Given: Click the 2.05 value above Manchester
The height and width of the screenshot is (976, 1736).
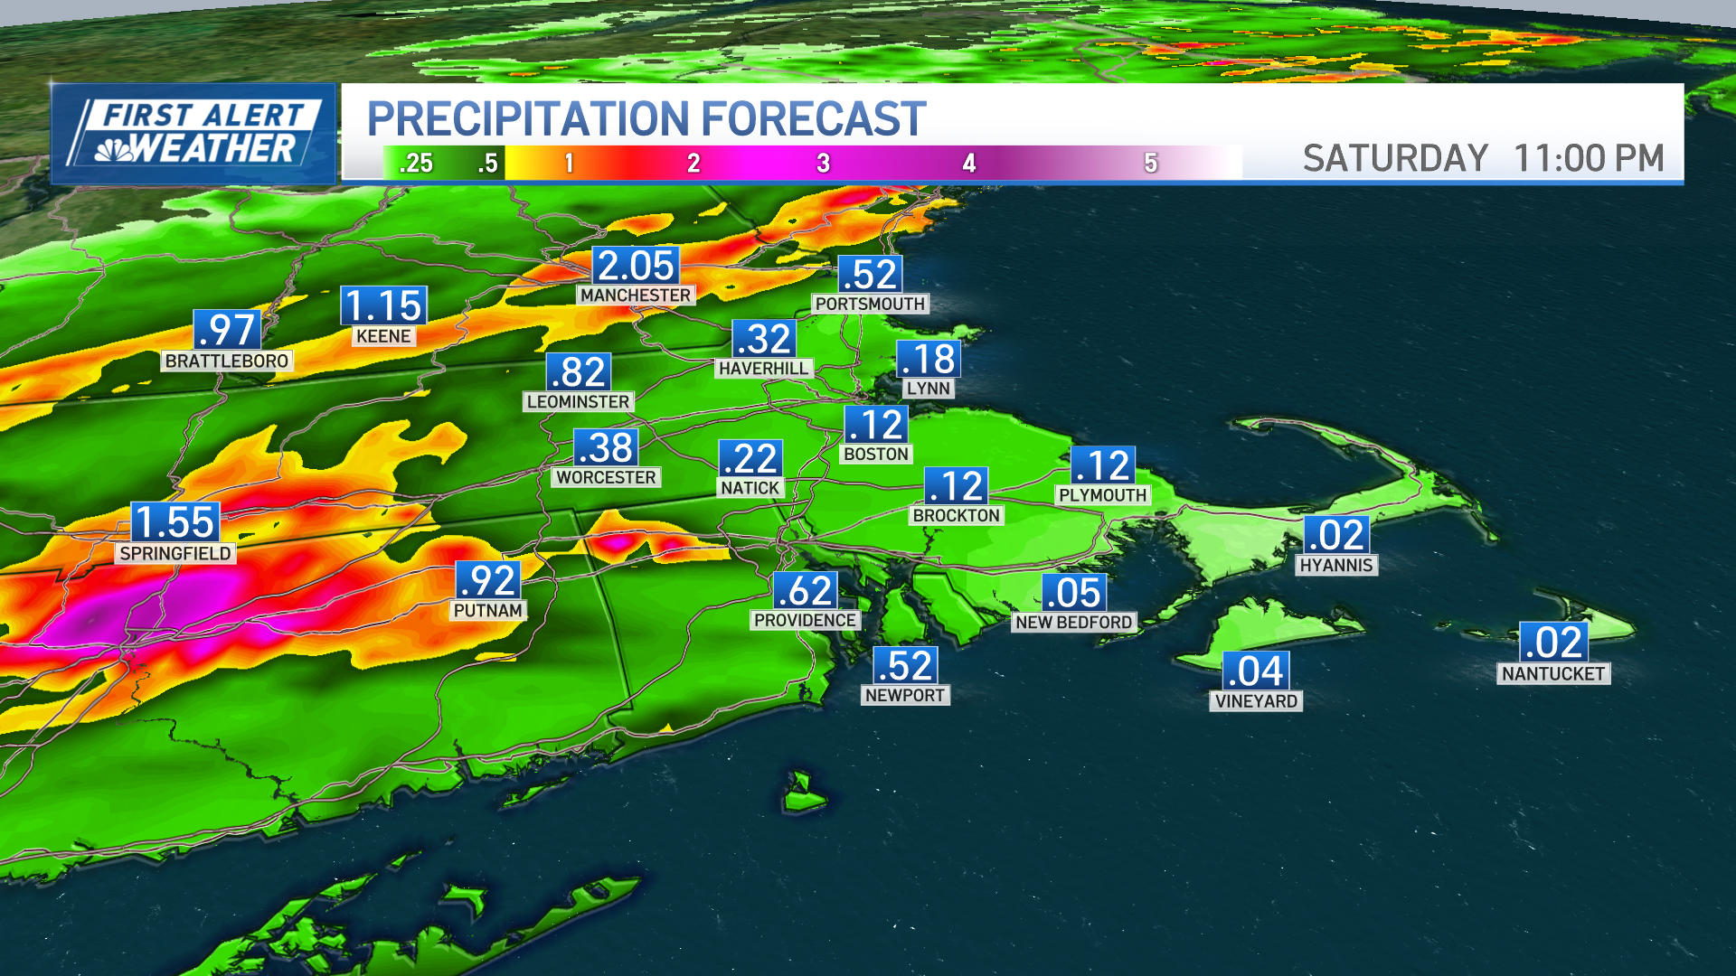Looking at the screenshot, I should pos(636,266).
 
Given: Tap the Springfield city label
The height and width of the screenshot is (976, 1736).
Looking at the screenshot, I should pos(175,553).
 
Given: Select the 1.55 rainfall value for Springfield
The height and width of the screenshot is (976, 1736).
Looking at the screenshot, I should pos(175,522).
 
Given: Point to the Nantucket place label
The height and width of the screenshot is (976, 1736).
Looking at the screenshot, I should pos(1552,673).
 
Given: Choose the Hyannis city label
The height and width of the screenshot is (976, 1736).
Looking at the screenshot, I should pos(1336,565).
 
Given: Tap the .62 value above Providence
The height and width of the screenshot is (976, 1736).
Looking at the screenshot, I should pos(805,591).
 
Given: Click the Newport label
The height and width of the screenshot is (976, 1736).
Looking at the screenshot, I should pos(904,695).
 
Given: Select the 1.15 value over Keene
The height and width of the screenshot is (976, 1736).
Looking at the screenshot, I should pos(383,305).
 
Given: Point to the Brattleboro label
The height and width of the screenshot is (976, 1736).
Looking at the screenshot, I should pos(227,361).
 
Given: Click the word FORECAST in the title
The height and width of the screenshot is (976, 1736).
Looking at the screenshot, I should pos(813,118).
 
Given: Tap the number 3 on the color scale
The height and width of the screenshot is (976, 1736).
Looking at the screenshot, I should pos(823,164).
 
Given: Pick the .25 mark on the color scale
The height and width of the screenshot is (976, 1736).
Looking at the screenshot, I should pos(416,164).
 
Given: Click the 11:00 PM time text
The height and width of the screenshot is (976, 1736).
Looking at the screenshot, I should pos(1589,158).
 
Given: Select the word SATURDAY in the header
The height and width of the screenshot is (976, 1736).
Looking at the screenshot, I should pos(1395,158).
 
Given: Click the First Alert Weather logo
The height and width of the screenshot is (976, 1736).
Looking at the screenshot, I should pos(194,134).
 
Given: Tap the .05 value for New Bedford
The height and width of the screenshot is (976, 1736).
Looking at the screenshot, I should pos(1073,593).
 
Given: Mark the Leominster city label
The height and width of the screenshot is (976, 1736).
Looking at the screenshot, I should pos(578,401).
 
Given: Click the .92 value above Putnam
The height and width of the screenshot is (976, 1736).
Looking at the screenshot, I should pos(488,580).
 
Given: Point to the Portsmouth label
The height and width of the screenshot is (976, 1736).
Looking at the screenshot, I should pos(870,304).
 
